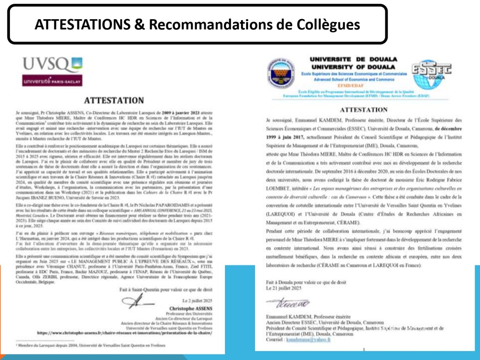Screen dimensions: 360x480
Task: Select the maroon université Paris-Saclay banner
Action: click(52, 81)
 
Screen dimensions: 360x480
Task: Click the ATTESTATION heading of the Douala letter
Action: click(357, 110)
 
